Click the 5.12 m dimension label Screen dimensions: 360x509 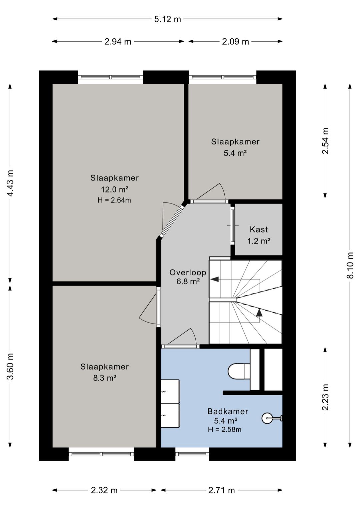click(168, 19)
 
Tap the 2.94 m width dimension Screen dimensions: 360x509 click(118, 42)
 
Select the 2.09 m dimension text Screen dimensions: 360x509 click(235, 42)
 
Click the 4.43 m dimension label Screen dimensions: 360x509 click(10, 183)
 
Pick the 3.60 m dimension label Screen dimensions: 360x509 click(10, 366)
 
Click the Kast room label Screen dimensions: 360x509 click(259, 229)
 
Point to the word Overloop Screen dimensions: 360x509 click(188, 273)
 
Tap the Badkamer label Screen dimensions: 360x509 click(228, 411)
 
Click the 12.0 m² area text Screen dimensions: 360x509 click(114, 189)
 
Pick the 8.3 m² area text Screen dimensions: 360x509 click(105, 378)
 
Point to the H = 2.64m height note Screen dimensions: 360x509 click(114, 200)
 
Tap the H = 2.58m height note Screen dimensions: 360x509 click(225, 430)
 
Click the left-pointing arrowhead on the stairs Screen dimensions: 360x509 click(214, 279)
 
